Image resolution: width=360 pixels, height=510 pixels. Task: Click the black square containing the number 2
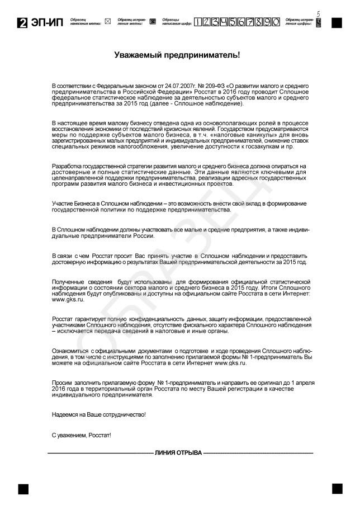(x=23, y=23)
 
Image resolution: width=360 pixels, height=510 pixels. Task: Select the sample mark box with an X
(x=108, y=22)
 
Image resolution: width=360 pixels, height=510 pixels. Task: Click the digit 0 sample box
(x=276, y=22)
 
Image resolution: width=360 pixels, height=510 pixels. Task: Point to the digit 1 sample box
(x=198, y=22)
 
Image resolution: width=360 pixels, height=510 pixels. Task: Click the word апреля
(x=305, y=382)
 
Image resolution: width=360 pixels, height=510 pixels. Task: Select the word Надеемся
(x=65, y=414)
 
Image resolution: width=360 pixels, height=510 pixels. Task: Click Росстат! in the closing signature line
(x=99, y=435)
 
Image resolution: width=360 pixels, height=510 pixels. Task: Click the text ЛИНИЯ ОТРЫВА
(x=178, y=452)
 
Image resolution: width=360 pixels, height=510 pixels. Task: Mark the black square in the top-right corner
(x=337, y=23)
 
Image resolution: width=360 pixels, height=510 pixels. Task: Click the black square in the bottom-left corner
(x=23, y=488)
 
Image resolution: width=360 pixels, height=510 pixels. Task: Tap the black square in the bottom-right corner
(x=337, y=488)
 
